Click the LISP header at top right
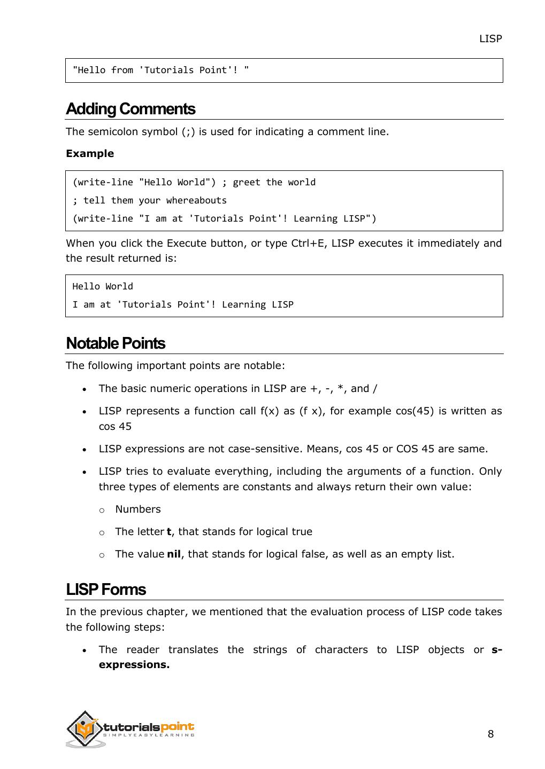[x=490, y=38]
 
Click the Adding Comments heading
[x=130, y=109]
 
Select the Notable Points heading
[x=115, y=343]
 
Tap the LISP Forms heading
[x=105, y=590]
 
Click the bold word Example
[x=90, y=154]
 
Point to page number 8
[x=490, y=734]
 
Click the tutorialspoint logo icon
[x=85, y=728]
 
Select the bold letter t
[x=169, y=532]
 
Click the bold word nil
[x=174, y=554]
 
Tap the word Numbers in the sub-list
[x=137, y=509]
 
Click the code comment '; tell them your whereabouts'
[x=149, y=200]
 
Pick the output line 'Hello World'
[x=103, y=286]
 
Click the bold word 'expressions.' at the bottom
[x=134, y=665]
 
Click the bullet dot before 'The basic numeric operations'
[x=85, y=390]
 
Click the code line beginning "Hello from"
[x=160, y=70]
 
